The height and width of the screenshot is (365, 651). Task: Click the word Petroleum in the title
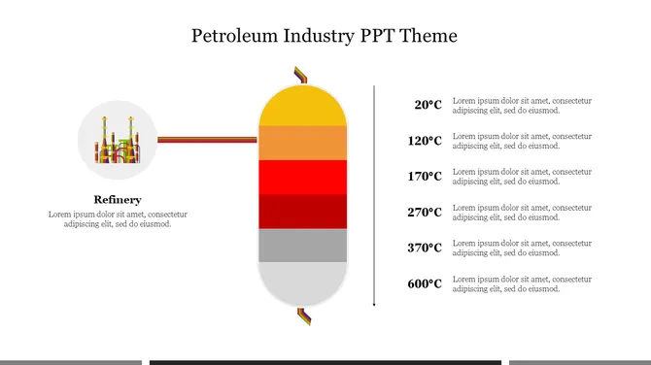[234, 36]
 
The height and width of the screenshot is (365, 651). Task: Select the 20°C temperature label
[428, 105]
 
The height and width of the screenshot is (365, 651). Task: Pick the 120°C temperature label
[425, 141]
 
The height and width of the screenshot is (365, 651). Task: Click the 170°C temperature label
[425, 177]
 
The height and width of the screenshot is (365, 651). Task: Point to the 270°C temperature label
[425, 212]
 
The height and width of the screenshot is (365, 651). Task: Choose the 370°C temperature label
[425, 248]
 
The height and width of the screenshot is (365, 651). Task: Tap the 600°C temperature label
[425, 283]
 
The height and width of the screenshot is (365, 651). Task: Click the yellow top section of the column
[302, 107]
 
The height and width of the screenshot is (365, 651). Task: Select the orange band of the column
[302, 143]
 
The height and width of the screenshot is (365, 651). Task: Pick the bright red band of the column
[302, 177]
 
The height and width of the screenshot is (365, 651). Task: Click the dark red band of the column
[302, 212]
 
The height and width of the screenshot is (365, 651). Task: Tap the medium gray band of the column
[302, 246]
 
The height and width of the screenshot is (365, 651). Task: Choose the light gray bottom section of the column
[302, 282]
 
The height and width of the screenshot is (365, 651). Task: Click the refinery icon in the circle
[118, 140]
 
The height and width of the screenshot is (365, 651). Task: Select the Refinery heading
[118, 200]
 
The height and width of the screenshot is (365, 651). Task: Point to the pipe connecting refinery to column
[207, 140]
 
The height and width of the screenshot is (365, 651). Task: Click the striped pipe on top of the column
[301, 75]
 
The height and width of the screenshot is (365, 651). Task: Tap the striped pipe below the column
[304, 316]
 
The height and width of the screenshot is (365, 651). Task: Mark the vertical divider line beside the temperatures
[374, 196]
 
